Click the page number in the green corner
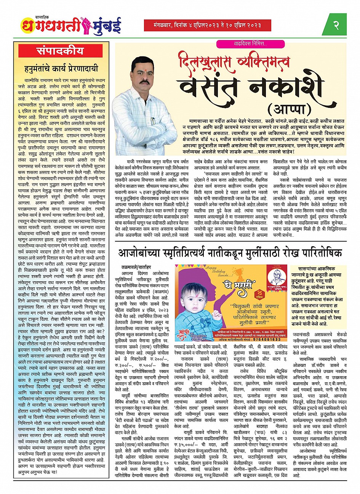click(336, 25)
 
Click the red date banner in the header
click(202, 25)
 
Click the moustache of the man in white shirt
click(144, 82)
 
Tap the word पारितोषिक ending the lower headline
click(318, 253)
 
